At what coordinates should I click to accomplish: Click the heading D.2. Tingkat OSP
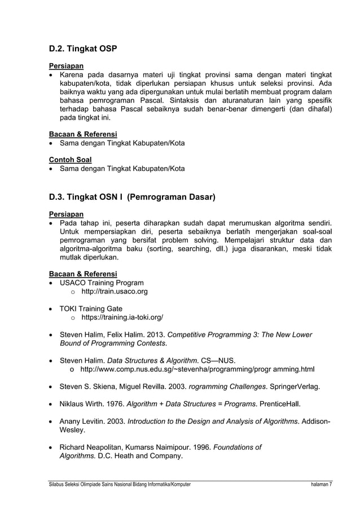coord(83,49)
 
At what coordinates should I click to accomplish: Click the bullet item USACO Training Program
coord(102,283)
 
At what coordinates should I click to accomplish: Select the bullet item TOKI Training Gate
coord(91,309)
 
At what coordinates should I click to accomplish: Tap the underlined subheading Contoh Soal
coord(70,160)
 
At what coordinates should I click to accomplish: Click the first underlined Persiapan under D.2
coord(66,66)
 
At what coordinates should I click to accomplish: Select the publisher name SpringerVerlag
coord(294,387)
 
